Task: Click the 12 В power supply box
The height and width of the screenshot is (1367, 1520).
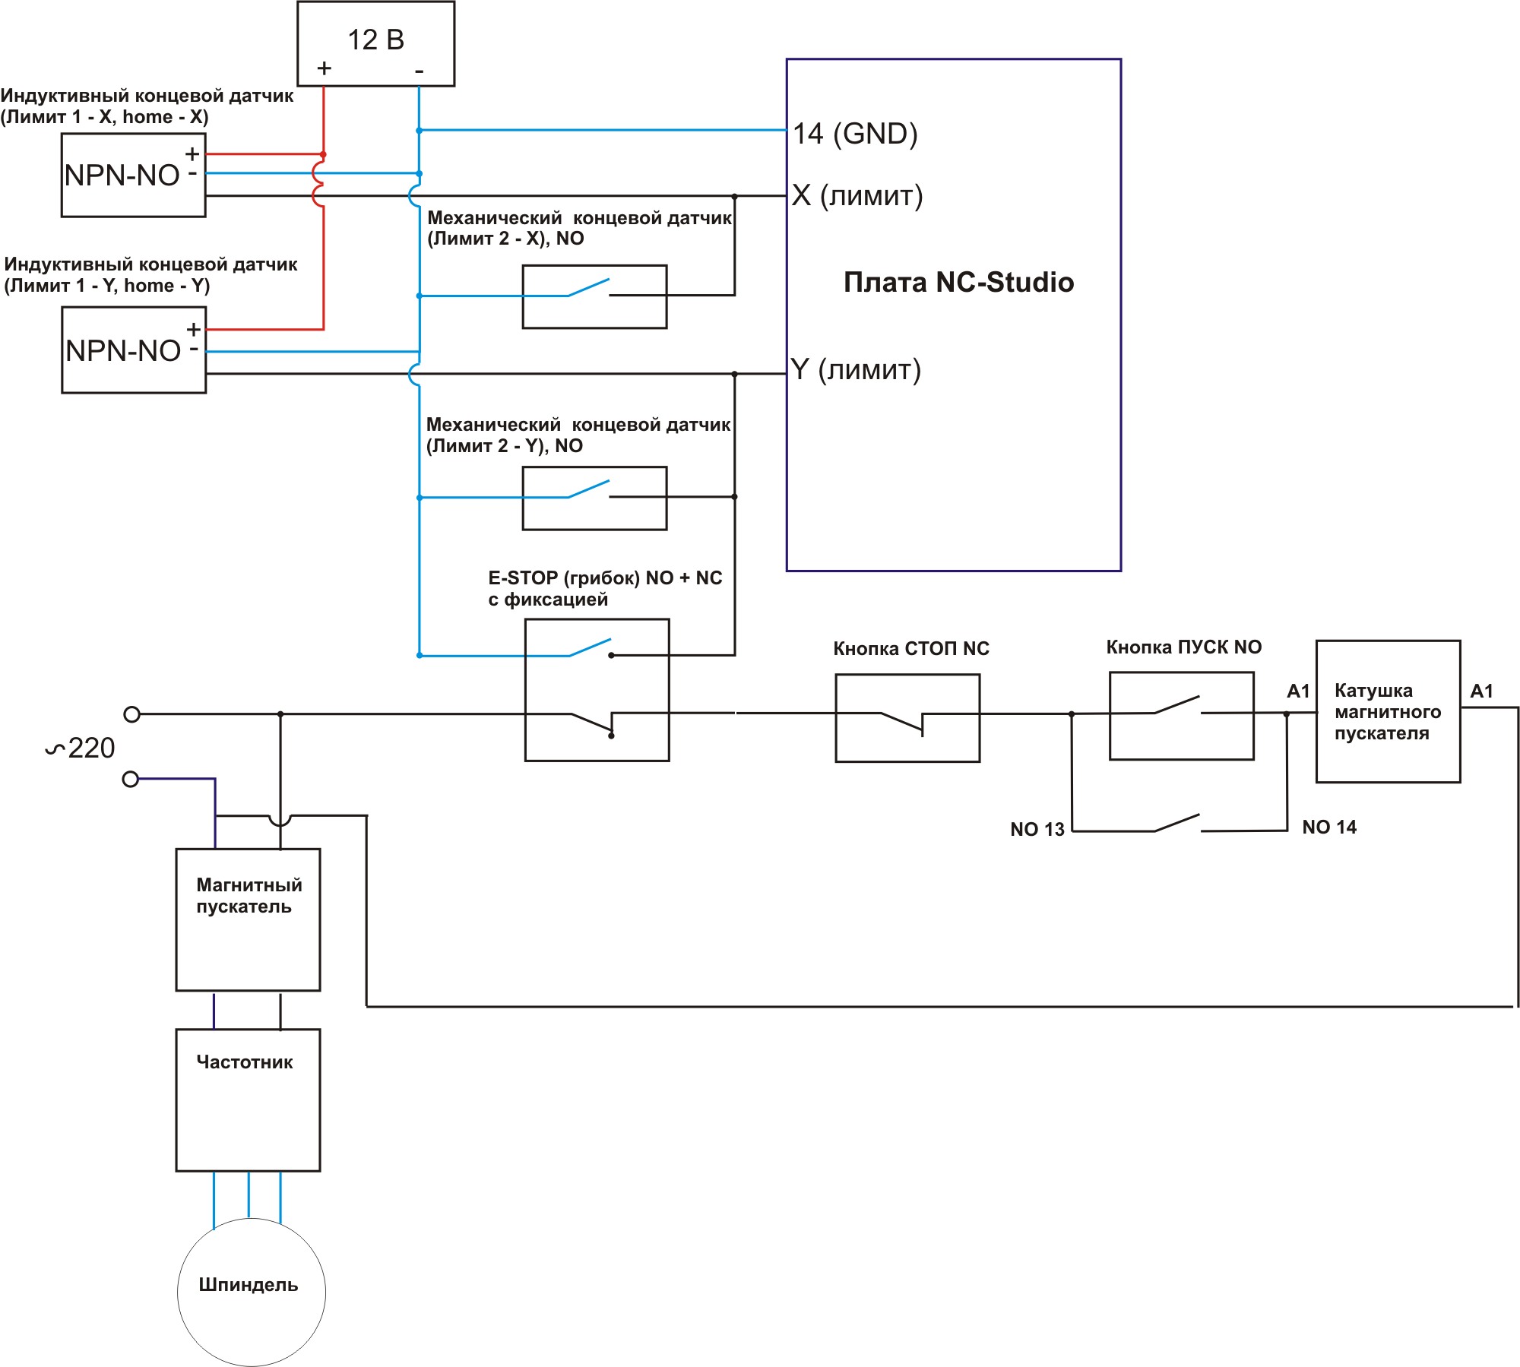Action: point(375,43)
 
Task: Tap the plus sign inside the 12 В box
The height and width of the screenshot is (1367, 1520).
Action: point(325,68)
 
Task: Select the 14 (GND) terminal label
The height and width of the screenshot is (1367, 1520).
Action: point(855,134)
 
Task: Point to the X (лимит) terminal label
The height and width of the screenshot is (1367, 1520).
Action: point(857,195)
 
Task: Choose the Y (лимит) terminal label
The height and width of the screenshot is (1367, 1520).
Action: point(855,369)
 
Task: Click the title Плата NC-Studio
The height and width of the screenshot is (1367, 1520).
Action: point(958,282)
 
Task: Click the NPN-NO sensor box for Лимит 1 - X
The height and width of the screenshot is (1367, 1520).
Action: point(133,176)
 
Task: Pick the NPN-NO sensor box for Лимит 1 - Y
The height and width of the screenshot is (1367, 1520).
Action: point(134,350)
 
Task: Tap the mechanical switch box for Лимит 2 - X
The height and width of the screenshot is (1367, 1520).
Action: point(594,296)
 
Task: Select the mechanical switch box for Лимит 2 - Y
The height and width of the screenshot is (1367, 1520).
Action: point(594,498)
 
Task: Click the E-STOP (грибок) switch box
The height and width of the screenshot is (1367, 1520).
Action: point(597,689)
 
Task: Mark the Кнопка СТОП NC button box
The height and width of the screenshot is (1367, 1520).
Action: point(907,718)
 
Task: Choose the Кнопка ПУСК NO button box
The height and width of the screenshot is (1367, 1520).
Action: point(1181,715)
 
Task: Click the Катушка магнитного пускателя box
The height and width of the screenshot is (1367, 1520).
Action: point(1388,711)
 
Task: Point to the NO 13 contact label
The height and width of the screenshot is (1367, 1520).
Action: point(1037,829)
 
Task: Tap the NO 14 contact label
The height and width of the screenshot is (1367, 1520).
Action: point(1328,827)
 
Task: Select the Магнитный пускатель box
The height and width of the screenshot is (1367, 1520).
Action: point(248,919)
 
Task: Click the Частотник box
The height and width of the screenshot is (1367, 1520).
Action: point(248,1100)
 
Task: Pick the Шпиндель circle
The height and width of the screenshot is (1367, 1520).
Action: point(251,1292)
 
